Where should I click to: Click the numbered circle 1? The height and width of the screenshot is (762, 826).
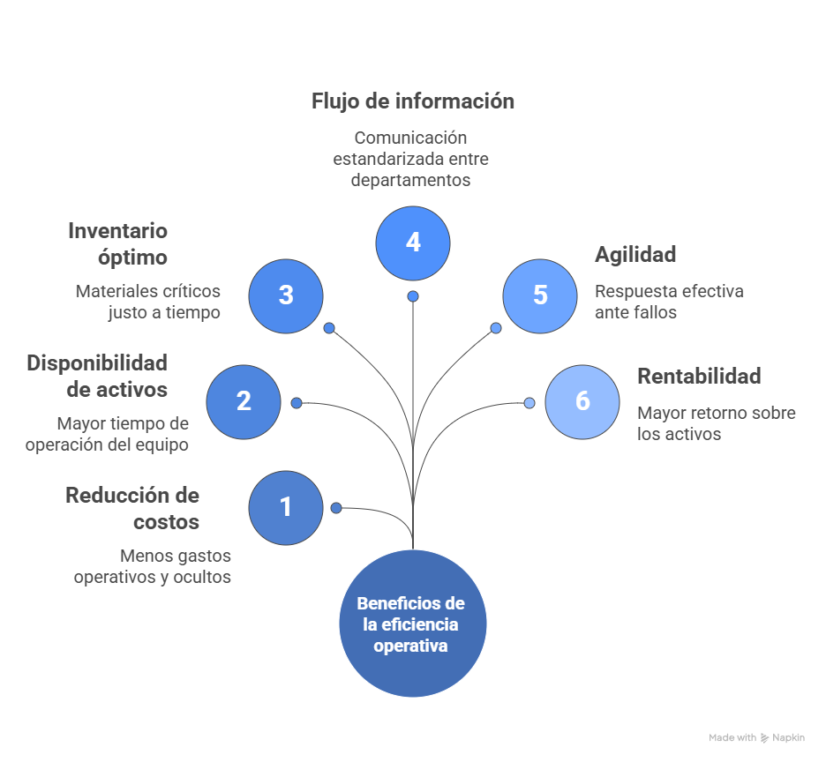tap(285, 507)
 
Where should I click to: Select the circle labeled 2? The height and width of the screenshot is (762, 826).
tap(244, 402)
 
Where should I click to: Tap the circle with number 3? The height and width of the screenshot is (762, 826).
tap(286, 295)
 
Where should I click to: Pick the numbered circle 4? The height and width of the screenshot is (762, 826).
tap(413, 243)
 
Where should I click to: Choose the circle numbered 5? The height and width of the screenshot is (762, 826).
tap(540, 295)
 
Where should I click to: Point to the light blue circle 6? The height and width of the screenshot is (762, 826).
tap(582, 402)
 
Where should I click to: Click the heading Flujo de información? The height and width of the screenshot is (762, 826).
tap(413, 101)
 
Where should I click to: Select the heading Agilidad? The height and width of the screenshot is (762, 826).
tap(635, 255)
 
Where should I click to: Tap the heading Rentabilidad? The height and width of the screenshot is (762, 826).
tap(699, 377)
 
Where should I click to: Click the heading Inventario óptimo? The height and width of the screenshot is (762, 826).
tap(118, 243)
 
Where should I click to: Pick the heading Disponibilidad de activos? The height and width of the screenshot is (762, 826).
tap(97, 376)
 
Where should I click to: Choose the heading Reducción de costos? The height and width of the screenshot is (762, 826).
tap(132, 508)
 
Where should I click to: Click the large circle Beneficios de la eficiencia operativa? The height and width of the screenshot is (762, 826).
tap(413, 624)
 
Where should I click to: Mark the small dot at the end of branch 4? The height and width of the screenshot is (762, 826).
tap(413, 296)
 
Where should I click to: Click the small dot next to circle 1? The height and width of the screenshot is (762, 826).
tap(336, 508)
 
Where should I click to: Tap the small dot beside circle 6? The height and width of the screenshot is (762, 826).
tap(529, 403)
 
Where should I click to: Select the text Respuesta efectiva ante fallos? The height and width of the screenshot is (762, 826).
tap(669, 302)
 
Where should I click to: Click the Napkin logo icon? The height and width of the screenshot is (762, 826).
tap(764, 738)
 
